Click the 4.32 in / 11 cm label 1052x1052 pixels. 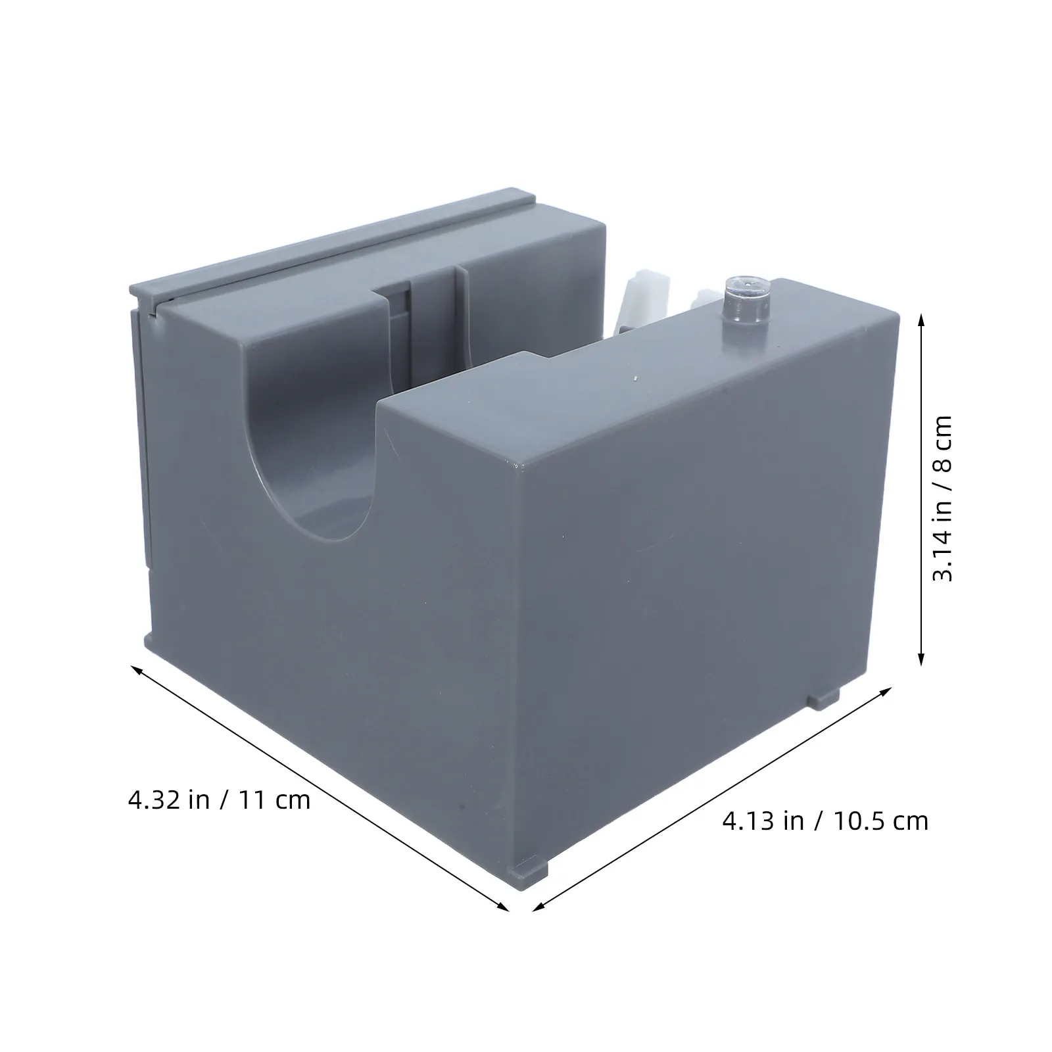[220, 800]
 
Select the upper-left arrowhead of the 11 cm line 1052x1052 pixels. [139, 670]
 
